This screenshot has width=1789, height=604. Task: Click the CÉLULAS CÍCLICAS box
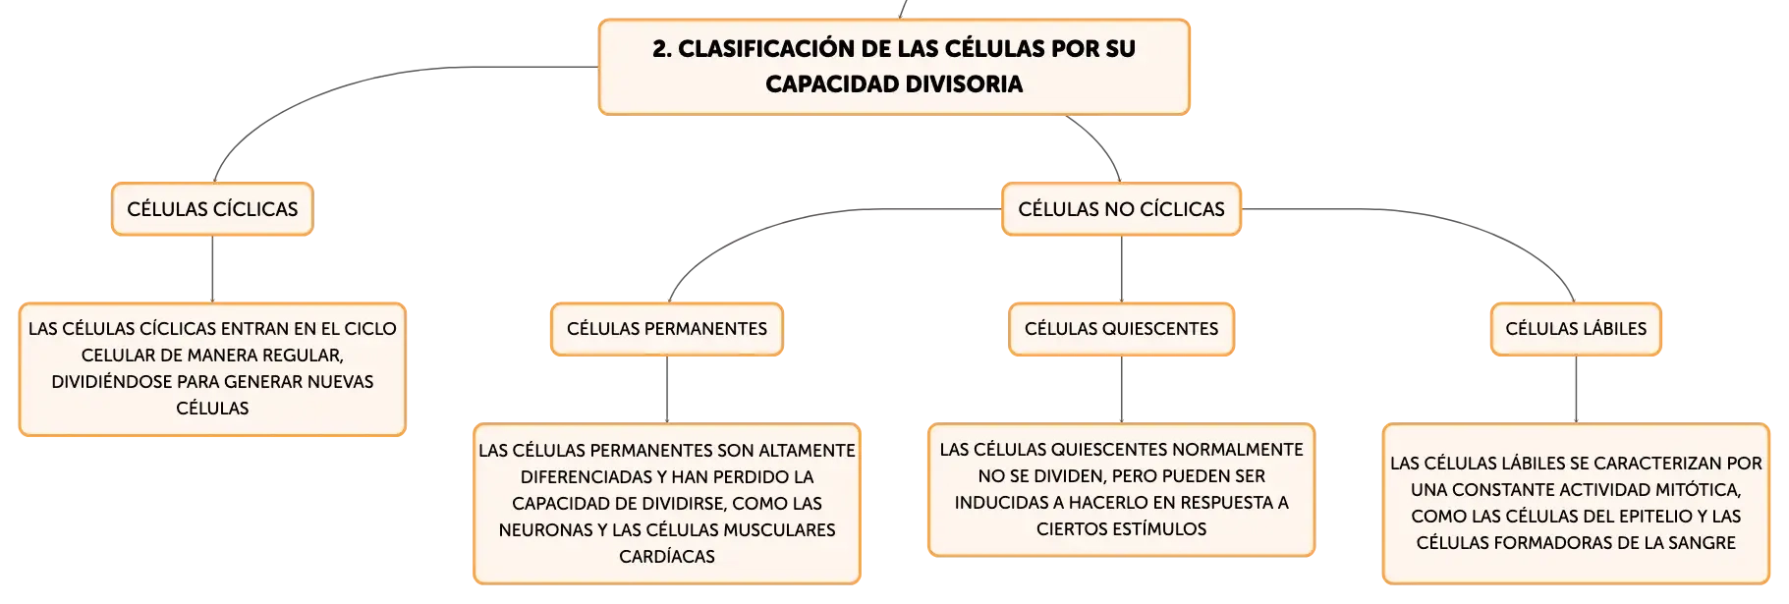pos(212,209)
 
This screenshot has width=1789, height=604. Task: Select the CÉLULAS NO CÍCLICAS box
pos(1121,209)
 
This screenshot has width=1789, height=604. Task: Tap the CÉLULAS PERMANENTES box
pos(667,329)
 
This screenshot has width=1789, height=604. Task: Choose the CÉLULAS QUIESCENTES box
pos(1121,329)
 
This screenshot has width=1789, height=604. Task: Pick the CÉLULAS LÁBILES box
pos(1576,329)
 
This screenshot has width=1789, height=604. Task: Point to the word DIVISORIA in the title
pos(966,84)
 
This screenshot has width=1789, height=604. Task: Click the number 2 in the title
pos(661,49)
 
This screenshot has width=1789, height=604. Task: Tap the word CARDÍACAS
pos(667,557)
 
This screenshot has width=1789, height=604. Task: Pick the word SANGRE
pos(1702,543)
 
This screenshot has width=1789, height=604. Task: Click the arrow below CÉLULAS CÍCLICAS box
pos(212,269)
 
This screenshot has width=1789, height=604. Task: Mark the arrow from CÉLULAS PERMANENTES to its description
pos(667,390)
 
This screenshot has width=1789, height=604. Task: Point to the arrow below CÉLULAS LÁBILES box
pos(1576,390)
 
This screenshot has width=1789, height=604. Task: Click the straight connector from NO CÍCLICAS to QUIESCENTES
pos(1121,269)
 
